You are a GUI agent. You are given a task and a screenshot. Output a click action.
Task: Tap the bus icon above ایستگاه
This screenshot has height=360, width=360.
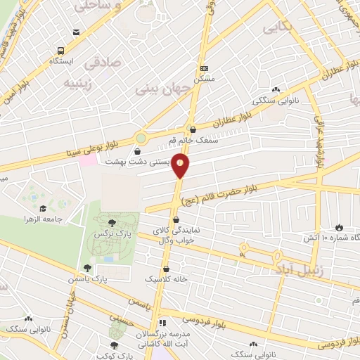62,51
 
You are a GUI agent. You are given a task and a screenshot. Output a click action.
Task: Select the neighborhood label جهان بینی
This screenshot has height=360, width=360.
159,90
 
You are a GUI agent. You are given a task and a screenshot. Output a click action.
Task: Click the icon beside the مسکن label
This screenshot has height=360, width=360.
205,68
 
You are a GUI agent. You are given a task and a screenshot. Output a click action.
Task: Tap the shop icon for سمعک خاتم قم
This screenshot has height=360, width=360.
193,129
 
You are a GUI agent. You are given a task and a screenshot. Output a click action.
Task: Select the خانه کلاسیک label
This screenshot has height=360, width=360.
165,279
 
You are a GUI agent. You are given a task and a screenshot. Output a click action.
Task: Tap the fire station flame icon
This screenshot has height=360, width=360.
340,227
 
